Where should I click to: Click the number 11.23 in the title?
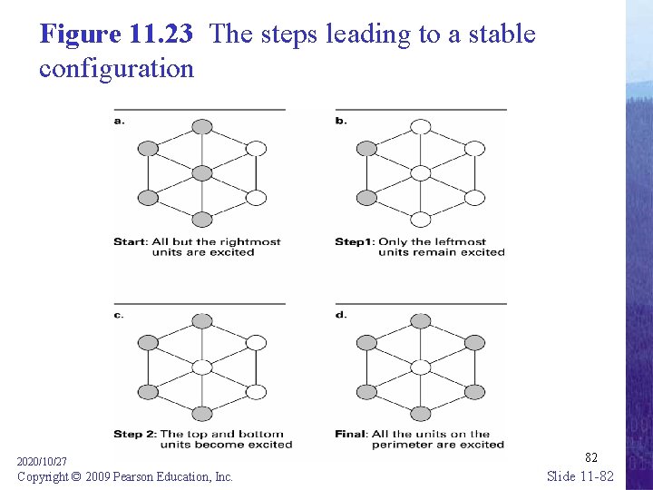(161, 34)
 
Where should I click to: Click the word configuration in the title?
(116, 68)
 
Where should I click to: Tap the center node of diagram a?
(202, 172)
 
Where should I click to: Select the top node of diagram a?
(202, 126)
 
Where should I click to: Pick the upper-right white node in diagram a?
(257, 148)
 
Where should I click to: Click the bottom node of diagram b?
(421, 219)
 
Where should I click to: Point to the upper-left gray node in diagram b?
(366, 148)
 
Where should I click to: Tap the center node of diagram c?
(202, 367)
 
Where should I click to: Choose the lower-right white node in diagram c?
(257, 392)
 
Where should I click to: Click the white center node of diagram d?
(421, 367)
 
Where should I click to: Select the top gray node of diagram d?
(421, 320)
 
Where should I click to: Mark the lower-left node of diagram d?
(366, 392)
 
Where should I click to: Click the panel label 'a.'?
(119, 120)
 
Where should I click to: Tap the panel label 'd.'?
(341, 314)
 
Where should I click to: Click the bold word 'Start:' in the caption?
(132, 241)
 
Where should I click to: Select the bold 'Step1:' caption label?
(354, 241)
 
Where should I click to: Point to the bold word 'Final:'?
(352, 434)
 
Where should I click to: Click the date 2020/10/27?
(42, 462)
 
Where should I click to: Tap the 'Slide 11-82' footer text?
(580, 476)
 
